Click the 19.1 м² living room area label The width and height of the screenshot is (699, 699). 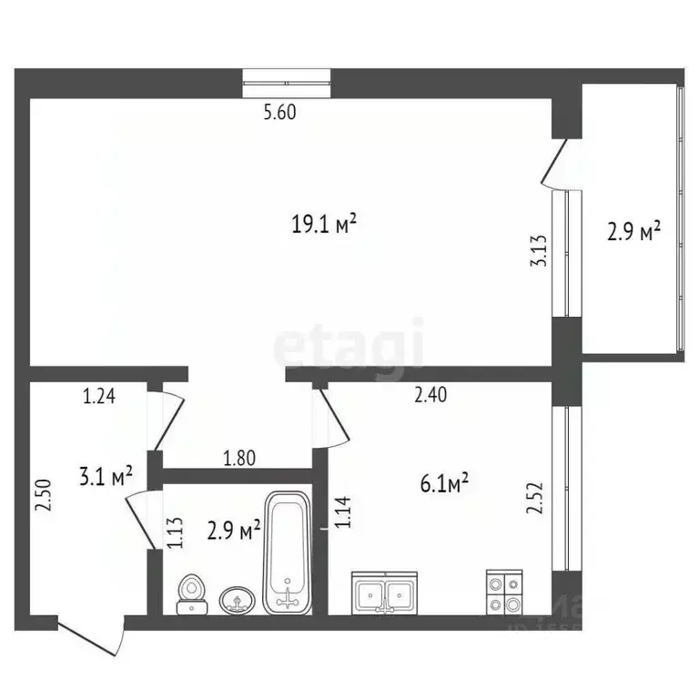coord(322,224)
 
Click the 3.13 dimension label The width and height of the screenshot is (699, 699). coord(540,250)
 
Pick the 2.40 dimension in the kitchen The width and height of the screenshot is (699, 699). coord(430,396)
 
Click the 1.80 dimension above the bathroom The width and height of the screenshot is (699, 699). coord(238,459)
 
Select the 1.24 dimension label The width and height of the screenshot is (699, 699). coord(100,396)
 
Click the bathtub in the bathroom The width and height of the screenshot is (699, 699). coord(287,552)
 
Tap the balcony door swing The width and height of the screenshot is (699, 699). coord(557,164)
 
